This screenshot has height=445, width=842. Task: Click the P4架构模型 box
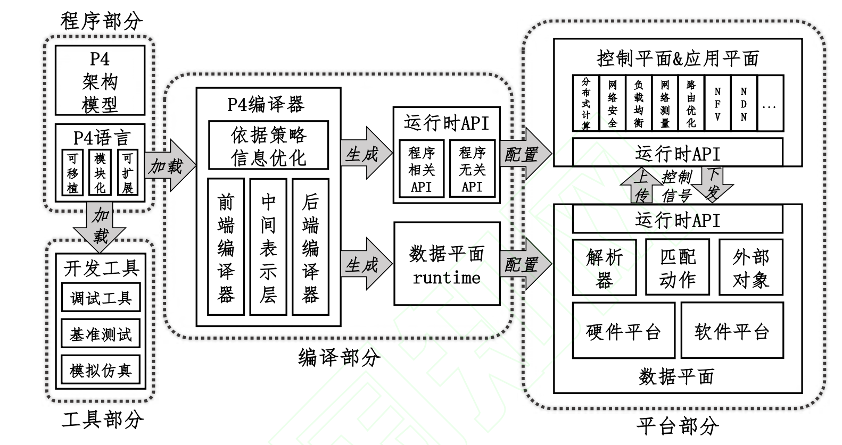tap(100, 80)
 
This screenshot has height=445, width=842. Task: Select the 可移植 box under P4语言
tap(72, 173)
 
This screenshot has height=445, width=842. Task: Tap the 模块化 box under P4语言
tap(100, 173)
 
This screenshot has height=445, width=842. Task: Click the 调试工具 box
tap(101, 298)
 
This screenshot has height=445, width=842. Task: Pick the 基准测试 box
tap(101, 334)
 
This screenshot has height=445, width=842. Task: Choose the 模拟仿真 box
tap(101, 370)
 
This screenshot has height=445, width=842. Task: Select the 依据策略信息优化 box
tap(268, 145)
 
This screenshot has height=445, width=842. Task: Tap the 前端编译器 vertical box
tap(226, 247)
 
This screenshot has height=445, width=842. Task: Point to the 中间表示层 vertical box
tap(268, 247)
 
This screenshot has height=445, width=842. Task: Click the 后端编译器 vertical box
tap(310, 247)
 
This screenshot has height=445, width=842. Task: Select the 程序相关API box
tap(422, 169)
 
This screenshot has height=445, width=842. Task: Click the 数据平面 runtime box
tap(447, 264)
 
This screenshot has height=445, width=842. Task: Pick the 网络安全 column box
tap(612, 103)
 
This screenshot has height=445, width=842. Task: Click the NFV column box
tap(717, 103)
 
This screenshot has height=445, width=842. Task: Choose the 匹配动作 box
tap(678, 267)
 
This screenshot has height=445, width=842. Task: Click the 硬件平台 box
tap(623, 331)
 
